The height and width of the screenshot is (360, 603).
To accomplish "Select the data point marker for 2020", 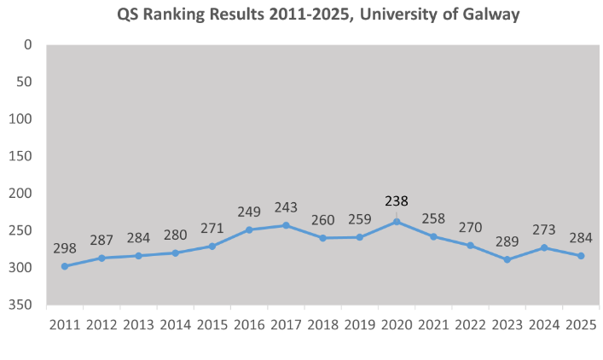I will pyautogui.click(x=397, y=221).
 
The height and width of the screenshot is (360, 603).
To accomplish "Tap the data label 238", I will pyautogui.click(x=397, y=201).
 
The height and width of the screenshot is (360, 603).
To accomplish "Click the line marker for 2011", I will pyautogui.click(x=65, y=266).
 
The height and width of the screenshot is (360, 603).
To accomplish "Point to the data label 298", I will pyautogui.click(x=65, y=247).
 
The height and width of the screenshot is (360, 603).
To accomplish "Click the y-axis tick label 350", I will pyautogui.click(x=22, y=305).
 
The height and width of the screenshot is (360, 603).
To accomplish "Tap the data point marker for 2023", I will pyautogui.click(x=507, y=259).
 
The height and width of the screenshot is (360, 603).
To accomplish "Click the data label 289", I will pyautogui.click(x=507, y=240).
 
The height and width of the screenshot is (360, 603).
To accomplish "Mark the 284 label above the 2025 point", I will pyautogui.click(x=581, y=236).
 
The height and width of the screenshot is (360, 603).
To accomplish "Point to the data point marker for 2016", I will pyautogui.click(x=249, y=229).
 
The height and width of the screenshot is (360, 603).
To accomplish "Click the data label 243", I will pyautogui.click(x=286, y=206).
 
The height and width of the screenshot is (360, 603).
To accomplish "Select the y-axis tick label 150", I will pyautogui.click(x=22, y=156).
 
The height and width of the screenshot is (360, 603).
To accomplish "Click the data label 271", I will pyautogui.click(x=212, y=227).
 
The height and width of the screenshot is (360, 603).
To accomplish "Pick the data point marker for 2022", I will pyautogui.click(x=470, y=245).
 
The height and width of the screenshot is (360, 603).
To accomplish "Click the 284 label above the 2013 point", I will pyautogui.click(x=139, y=236).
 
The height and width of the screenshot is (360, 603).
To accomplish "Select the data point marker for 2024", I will pyautogui.click(x=544, y=247).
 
